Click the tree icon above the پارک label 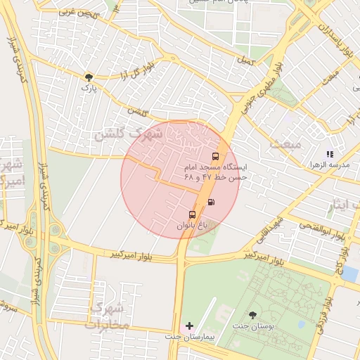tap(89, 77)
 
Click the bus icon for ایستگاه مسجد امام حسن tap(215, 156)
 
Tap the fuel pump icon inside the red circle tap(211, 202)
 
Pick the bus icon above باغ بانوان tap(192, 214)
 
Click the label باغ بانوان tap(193, 226)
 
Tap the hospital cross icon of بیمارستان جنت tap(188, 326)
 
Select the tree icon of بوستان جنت tap(253, 315)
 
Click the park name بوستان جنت tap(253, 327)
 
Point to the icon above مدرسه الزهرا tap(330, 153)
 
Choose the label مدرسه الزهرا tap(330, 165)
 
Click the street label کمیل tap(244, 60)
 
